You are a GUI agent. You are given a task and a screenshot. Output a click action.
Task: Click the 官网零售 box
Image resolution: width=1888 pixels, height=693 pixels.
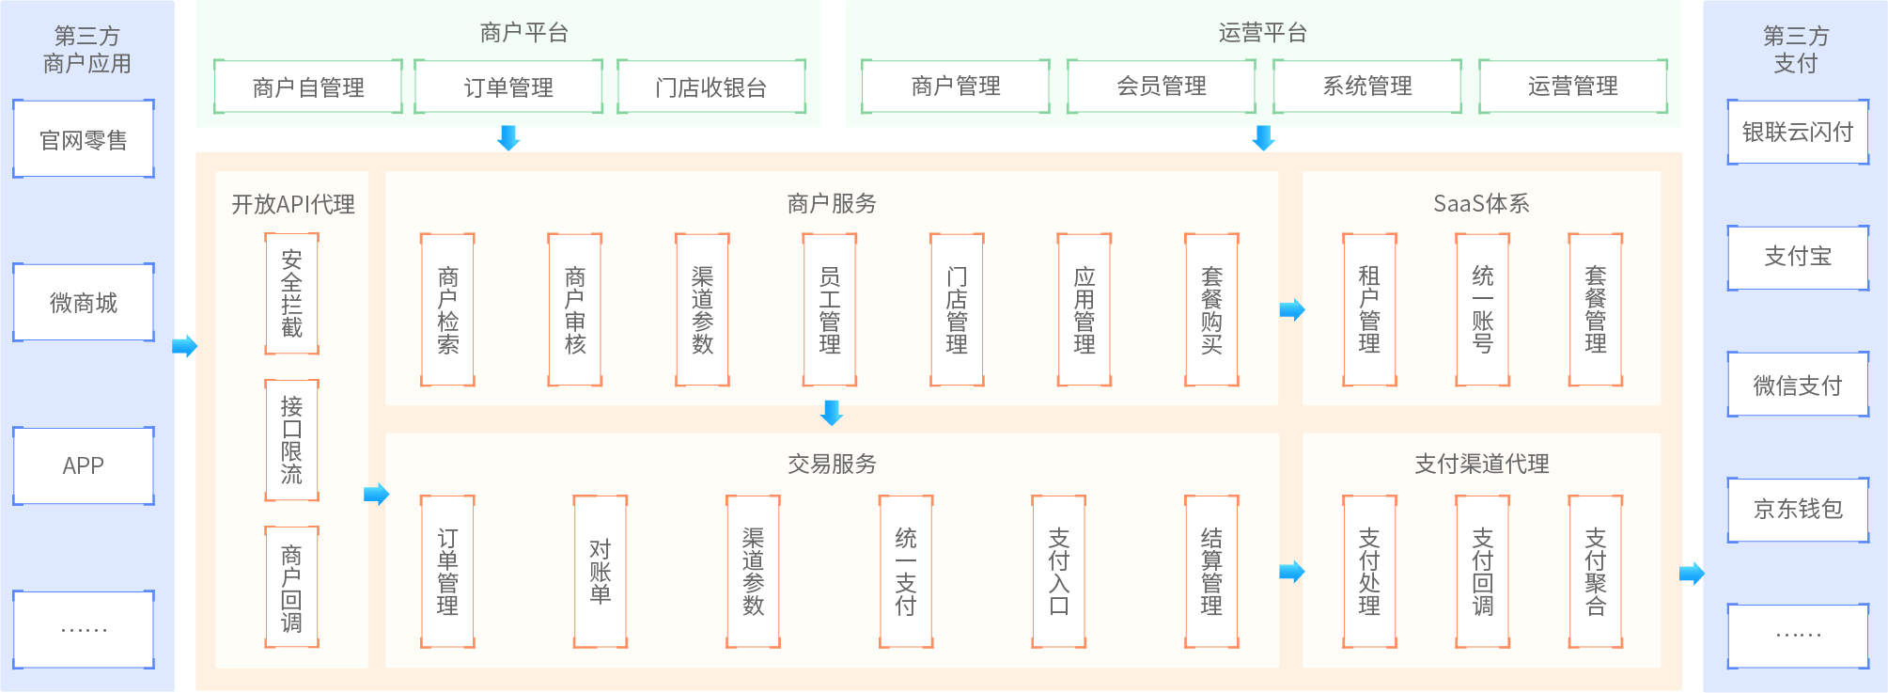[x=84, y=139]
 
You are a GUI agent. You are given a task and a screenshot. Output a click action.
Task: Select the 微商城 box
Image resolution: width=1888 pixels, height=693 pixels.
[x=84, y=303]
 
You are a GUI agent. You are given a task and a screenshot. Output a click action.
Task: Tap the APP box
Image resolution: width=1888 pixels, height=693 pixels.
[x=84, y=466]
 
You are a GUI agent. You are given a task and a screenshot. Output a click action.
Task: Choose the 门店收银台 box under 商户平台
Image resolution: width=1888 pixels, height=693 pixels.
[x=711, y=87]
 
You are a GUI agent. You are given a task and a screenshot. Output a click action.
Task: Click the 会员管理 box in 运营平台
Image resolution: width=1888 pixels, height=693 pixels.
[x=1162, y=87]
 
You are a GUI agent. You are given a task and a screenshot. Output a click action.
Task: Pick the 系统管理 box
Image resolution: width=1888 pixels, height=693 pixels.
[x=1367, y=87]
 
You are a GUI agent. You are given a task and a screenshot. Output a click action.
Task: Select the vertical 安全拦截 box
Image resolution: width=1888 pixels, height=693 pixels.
[x=292, y=294]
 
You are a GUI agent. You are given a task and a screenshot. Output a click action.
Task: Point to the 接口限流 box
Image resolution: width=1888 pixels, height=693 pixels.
[x=292, y=440]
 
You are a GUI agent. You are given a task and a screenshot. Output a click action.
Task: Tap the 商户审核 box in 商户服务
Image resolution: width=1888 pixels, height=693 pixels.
[x=575, y=310]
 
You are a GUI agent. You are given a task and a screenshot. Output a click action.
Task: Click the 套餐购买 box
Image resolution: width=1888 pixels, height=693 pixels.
[x=1212, y=310]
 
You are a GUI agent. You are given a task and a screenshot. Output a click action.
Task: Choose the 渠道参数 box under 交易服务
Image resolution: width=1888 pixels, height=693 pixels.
[x=754, y=572]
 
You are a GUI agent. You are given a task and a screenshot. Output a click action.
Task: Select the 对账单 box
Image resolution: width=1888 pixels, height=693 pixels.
[x=601, y=572]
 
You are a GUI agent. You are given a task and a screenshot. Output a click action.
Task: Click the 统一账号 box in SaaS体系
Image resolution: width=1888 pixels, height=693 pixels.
[x=1483, y=310]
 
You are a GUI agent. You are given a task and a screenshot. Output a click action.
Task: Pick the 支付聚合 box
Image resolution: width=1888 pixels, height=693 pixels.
[x=1596, y=572]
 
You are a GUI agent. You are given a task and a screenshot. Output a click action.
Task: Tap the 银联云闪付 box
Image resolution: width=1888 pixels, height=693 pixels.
[x=1798, y=133]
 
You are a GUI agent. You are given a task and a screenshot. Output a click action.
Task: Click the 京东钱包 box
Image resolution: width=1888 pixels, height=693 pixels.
[x=1798, y=509]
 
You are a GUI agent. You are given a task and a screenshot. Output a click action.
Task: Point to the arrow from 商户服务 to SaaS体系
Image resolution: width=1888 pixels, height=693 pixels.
[x=1292, y=309]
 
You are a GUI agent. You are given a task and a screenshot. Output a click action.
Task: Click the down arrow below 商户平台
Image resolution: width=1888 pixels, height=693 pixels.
[x=508, y=137]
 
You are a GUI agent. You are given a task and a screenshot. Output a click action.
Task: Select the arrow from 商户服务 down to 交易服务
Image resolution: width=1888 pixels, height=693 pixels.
[x=832, y=412]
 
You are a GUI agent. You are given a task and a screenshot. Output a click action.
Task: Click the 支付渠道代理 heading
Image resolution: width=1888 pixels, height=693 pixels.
[x=1482, y=464]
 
